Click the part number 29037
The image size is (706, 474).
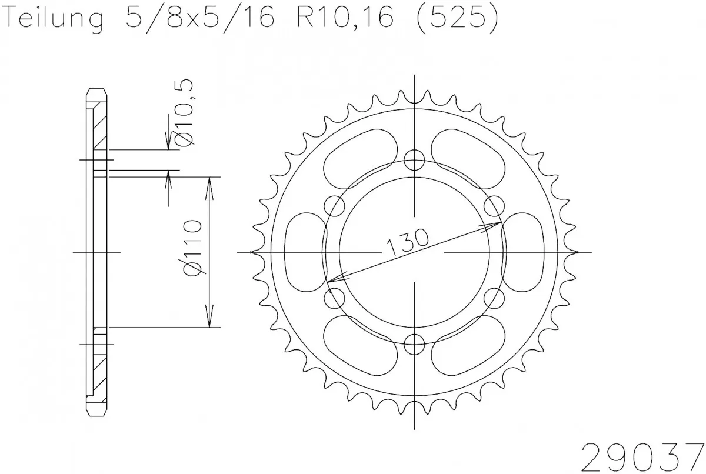(642, 455)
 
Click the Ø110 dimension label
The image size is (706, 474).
(193, 249)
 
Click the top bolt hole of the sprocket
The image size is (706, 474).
(415, 158)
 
